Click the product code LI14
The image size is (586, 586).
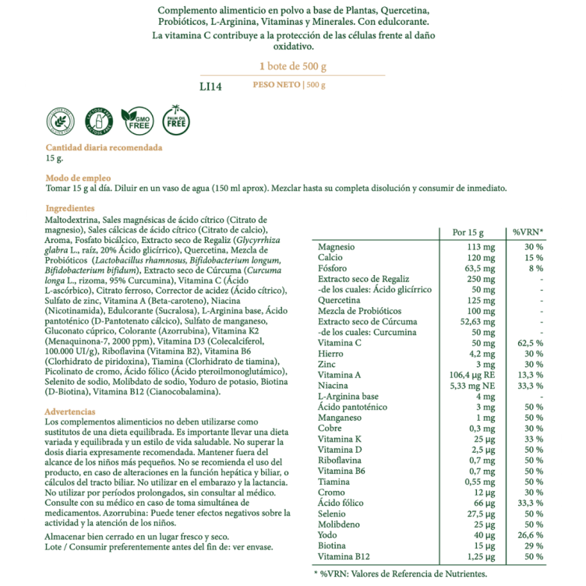(x=210, y=86)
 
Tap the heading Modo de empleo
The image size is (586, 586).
(x=78, y=178)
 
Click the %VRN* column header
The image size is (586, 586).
(x=528, y=231)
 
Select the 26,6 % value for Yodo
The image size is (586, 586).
(x=531, y=535)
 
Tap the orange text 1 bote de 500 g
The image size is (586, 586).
(x=292, y=66)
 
